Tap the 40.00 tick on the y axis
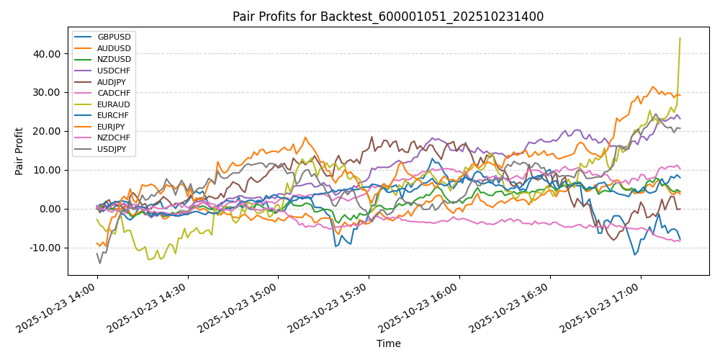click(45, 54)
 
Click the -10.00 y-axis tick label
click(44, 248)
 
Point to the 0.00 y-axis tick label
click(48, 209)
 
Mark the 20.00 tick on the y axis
click(45, 131)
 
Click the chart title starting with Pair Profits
click(388, 17)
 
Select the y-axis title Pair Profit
click(19, 151)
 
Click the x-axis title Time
click(388, 343)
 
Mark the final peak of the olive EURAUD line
click(680, 38)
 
